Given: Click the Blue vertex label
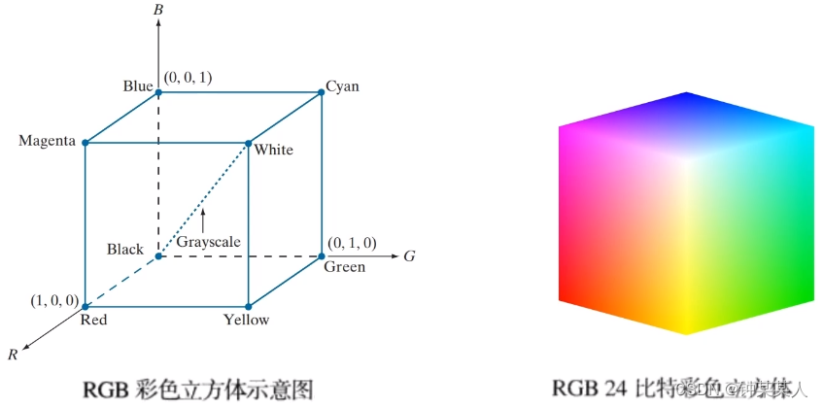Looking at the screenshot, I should (x=137, y=86).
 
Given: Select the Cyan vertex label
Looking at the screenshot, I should (x=342, y=86).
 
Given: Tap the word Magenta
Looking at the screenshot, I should (x=47, y=142).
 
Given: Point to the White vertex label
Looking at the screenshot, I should (x=273, y=150).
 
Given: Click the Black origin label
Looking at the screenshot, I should (x=125, y=250).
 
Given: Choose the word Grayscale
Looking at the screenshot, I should (x=208, y=242).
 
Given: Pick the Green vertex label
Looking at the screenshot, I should (x=344, y=267).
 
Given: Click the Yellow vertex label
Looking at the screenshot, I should (x=246, y=320).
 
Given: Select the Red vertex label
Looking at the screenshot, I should (x=93, y=320).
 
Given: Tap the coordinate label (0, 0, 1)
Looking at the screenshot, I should (x=189, y=77).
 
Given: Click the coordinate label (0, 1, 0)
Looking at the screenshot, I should (x=352, y=243).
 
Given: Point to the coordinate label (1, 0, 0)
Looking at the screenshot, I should (x=53, y=300).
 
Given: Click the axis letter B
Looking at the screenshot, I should (x=158, y=10).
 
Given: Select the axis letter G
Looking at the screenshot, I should (x=410, y=256).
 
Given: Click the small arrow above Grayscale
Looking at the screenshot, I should (x=203, y=217).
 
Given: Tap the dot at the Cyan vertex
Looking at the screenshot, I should (x=322, y=93).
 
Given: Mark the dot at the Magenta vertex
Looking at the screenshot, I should (x=86, y=143).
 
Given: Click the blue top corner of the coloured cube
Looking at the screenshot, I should (x=687, y=94).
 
